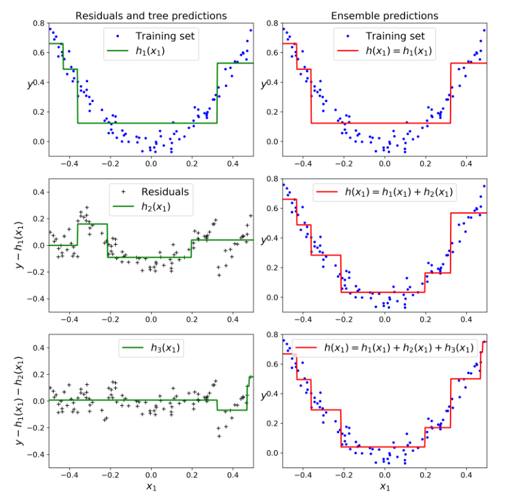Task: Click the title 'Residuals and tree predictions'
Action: pyautogui.click(x=151, y=16)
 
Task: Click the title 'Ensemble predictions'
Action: pyautogui.click(x=385, y=16)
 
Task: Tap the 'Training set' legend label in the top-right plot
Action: pyautogui.click(x=395, y=36)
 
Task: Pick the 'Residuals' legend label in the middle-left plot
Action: pyautogui.click(x=164, y=192)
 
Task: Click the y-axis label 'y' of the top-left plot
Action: pyautogui.click(x=29, y=85)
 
